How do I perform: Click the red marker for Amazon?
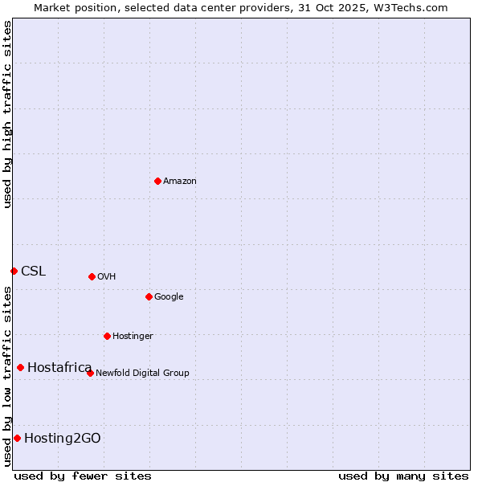coord(157,181)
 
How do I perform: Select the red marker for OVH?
coord(92,276)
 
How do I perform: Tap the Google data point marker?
coord(149,296)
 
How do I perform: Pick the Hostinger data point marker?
coord(107,336)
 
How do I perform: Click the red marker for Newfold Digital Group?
coord(90,373)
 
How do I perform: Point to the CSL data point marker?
coord(14,271)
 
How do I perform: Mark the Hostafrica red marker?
coord(20,367)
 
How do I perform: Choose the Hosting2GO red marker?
coord(17,438)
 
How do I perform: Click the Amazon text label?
coord(180,182)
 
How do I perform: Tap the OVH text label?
coord(107,277)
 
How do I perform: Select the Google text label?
coord(169,297)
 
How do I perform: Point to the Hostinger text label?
coord(133,337)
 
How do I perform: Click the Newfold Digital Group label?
coord(142,374)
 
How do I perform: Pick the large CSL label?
coord(34,272)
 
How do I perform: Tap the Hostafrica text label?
coord(59,368)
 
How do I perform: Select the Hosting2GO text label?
coord(63,439)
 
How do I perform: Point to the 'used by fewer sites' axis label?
coord(83,476)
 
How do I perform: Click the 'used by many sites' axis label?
coord(403,476)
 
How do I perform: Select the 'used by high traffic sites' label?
coord(7,114)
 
